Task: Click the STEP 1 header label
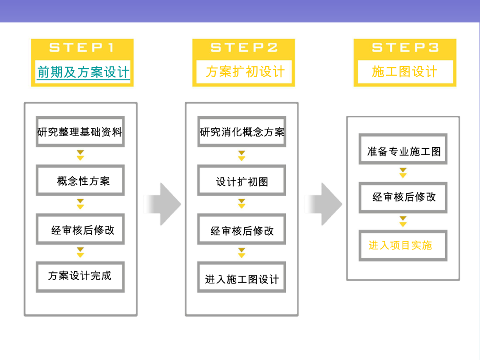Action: (81, 47)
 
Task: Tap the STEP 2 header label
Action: (244, 47)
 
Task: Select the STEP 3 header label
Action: (405, 47)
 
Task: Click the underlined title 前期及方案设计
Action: (82, 72)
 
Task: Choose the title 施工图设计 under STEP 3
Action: (405, 72)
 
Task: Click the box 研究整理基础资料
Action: (80, 132)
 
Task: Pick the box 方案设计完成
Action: (80, 276)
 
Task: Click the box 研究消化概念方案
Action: (242, 132)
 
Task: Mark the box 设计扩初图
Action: (242, 182)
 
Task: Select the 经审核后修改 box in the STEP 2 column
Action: (242, 231)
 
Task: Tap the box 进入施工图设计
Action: (242, 280)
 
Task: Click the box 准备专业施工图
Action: (403, 151)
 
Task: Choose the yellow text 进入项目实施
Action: (400, 245)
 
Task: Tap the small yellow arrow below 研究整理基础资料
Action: (80, 155)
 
